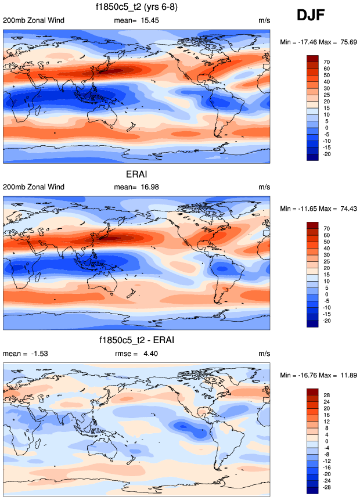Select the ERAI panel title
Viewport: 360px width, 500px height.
136,174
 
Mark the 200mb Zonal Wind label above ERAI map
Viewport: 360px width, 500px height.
34,187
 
